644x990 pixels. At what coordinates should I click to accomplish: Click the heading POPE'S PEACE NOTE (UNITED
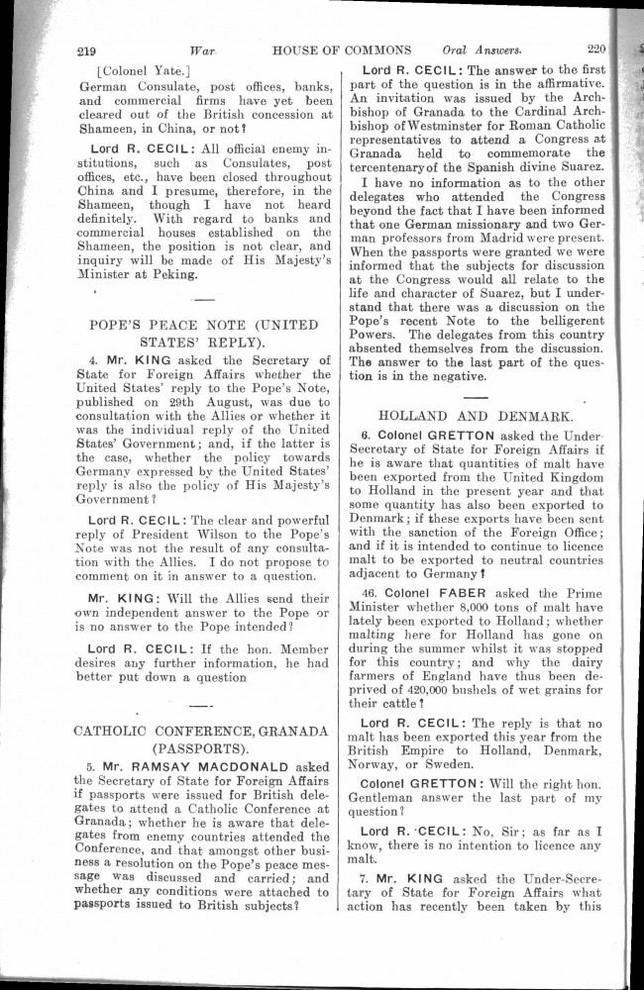203,324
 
